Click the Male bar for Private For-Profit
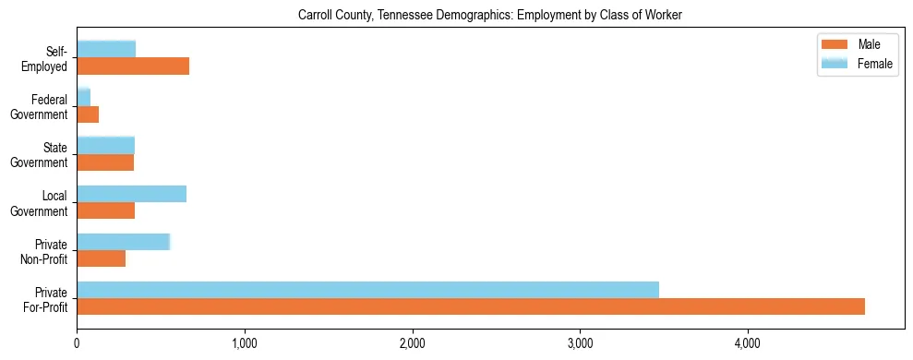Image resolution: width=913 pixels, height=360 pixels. pos(471,306)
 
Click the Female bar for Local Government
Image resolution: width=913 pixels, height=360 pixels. pos(131,194)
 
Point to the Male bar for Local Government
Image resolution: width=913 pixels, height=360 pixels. pos(105,210)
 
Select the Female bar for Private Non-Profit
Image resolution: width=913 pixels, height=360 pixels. pos(123,242)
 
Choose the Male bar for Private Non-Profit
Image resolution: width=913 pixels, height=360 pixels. pos(101,258)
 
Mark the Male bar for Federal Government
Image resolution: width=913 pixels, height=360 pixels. pos(88,114)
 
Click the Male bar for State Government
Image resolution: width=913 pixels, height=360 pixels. pos(105,162)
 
